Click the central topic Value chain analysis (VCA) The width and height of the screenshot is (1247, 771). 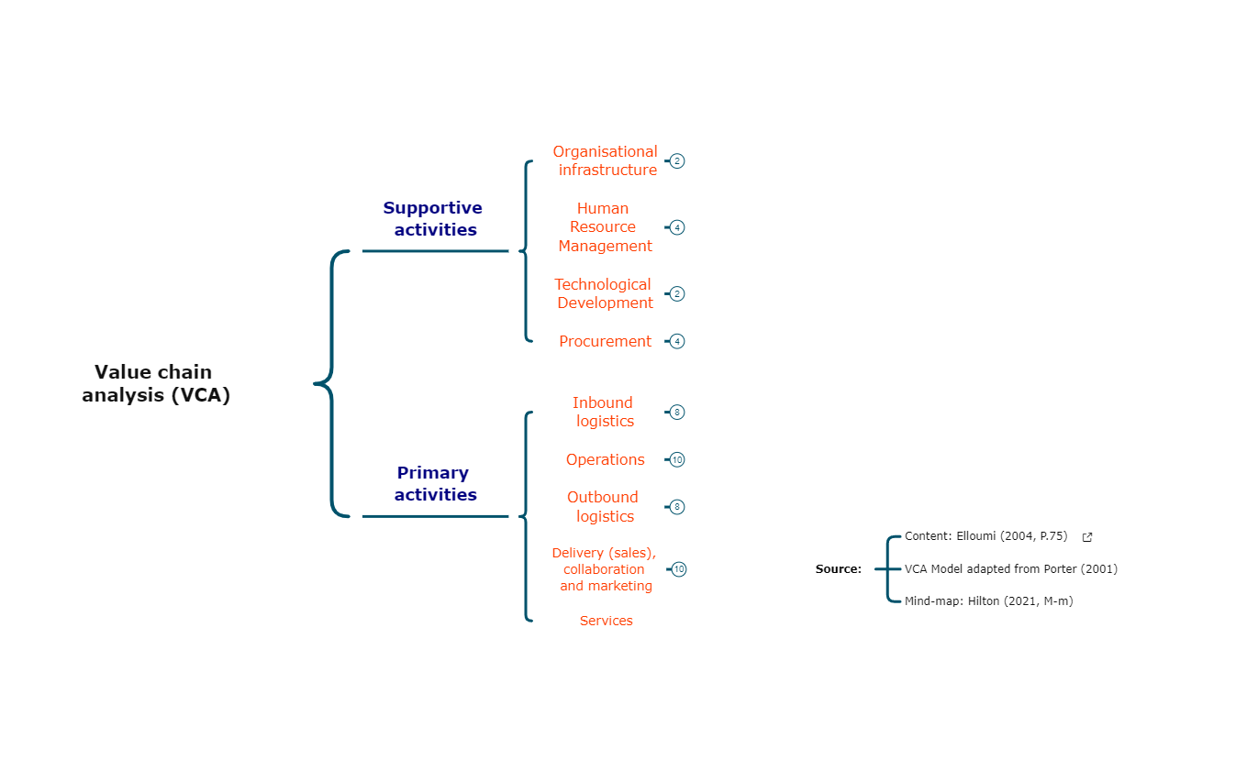click(x=155, y=383)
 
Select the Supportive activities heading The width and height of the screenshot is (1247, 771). click(x=433, y=219)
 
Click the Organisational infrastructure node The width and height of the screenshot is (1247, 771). click(x=605, y=160)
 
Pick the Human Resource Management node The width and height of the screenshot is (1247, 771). click(x=604, y=227)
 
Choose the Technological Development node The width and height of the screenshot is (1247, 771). click(x=604, y=293)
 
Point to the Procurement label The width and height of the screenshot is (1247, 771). click(x=605, y=341)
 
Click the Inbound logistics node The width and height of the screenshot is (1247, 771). click(x=604, y=412)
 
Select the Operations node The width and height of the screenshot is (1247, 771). click(x=605, y=459)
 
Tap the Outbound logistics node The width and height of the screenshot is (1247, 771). click(x=603, y=507)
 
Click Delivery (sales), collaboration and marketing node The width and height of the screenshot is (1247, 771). click(x=605, y=569)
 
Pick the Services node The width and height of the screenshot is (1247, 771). click(x=606, y=621)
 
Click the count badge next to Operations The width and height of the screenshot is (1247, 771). click(x=677, y=460)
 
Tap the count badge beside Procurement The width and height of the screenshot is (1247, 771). click(x=677, y=341)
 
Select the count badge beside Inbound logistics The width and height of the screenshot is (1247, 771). click(x=677, y=413)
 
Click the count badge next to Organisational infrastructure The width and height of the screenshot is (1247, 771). click(x=677, y=161)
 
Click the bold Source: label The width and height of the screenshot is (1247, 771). click(x=838, y=569)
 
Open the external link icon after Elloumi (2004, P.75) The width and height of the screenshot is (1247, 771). click(x=1087, y=537)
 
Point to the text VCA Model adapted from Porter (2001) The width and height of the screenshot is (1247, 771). click(x=1010, y=569)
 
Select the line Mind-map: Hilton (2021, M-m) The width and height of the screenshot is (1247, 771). click(x=988, y=601)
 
